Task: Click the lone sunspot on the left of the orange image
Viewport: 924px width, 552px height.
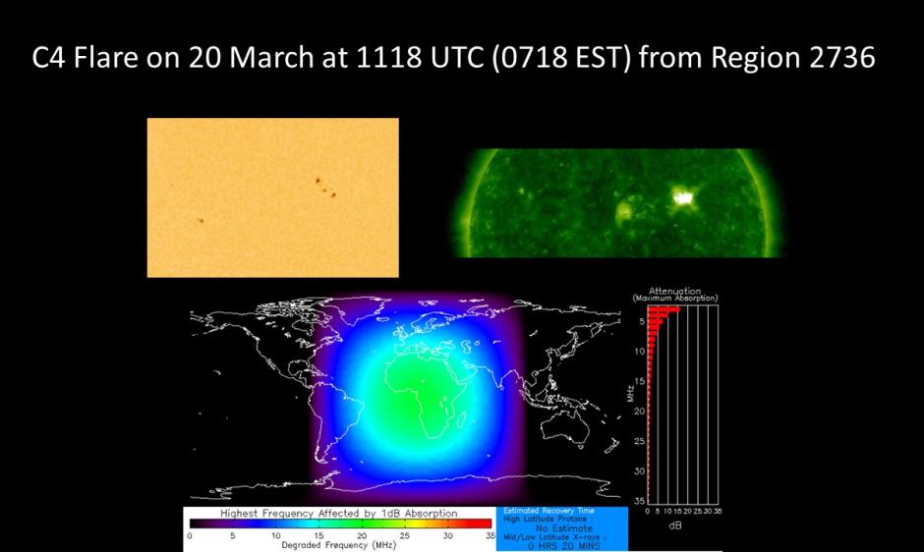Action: (201, 220)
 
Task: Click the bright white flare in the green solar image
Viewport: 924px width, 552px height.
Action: (681, 198)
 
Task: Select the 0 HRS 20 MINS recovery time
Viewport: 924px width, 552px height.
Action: (562, 545)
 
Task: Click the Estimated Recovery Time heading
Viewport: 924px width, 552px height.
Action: (549, 512)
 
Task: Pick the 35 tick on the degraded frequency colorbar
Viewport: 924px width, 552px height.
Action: (490, 536)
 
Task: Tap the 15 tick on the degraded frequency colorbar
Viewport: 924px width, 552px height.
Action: (318, 536)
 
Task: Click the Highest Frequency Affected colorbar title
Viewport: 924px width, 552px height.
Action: (338, 513)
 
